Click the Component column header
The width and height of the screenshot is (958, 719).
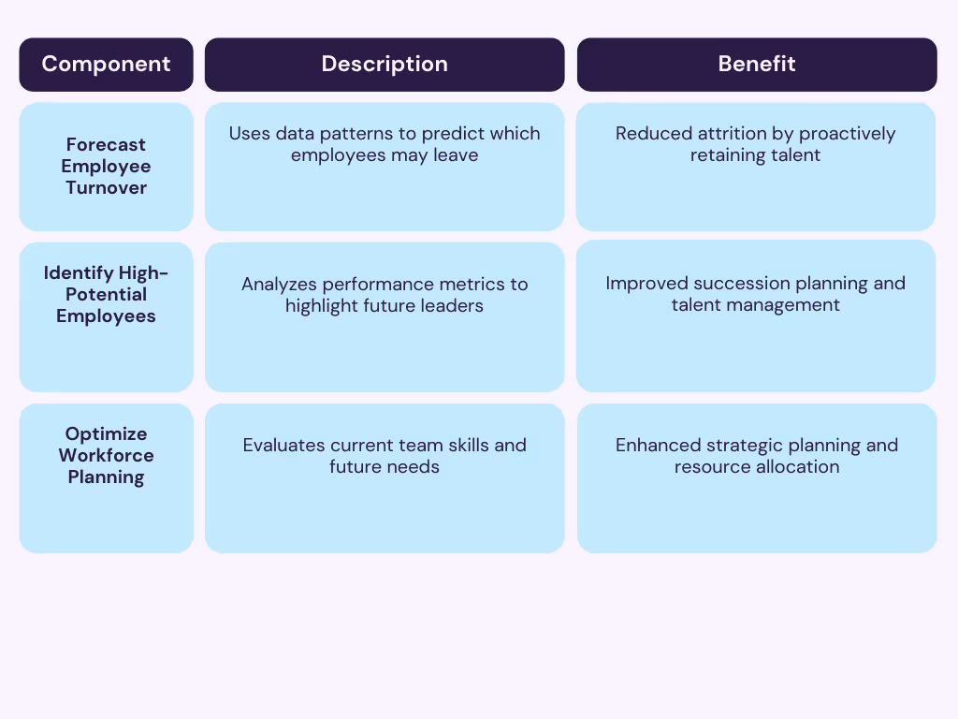point(106,64)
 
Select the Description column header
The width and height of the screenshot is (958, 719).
point(385,64)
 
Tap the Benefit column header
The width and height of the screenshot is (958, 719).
point(756,64)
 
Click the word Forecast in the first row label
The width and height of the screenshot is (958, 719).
point(106,144)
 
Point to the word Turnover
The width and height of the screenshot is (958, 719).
point(106,187)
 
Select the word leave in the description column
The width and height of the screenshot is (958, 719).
point(455,154)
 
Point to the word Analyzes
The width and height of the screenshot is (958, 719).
point(279,284)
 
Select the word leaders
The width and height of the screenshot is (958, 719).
point(454,305)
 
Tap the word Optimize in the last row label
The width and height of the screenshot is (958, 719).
point(106,433)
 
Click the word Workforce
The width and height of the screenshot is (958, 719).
point(106,455)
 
